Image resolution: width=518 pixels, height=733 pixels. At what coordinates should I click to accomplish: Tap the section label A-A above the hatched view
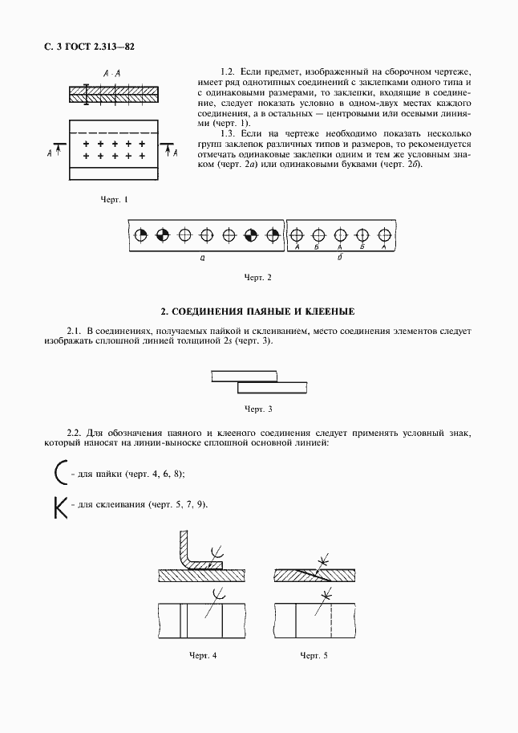(x=112, y=74)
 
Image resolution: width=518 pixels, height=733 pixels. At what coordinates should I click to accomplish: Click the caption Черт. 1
(x=114, y=199)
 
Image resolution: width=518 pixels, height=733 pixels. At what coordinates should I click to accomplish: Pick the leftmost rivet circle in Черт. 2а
(x=141, y=235)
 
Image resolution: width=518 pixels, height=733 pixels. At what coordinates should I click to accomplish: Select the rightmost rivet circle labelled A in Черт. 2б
(x=384, y=235)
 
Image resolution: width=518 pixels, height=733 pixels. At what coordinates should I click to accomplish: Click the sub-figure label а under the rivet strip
(x=202, y=259)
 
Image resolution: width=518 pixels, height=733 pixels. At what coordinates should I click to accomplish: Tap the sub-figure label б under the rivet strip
(x=340, y=259)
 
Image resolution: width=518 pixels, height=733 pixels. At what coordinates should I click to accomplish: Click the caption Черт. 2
(x=258, y=278)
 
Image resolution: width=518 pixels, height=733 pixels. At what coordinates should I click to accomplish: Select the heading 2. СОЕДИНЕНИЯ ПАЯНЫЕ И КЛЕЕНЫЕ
(x=258, y=311)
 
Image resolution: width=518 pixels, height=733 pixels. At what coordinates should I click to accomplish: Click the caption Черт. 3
(x=258, y=409)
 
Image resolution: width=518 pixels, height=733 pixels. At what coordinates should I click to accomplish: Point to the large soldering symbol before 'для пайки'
(x=60, y=474)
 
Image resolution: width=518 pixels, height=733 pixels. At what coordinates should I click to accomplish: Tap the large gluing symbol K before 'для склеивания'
(x=60, y=507)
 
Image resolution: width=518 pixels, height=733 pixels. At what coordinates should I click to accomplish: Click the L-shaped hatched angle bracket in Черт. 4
(x=185, y=554)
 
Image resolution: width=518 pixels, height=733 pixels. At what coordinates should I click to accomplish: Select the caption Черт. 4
(x=203, y=656)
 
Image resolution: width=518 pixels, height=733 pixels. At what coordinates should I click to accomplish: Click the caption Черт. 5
(x=314, y=656)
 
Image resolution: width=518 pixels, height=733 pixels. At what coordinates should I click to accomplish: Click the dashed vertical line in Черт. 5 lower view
(x=330, y=620)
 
